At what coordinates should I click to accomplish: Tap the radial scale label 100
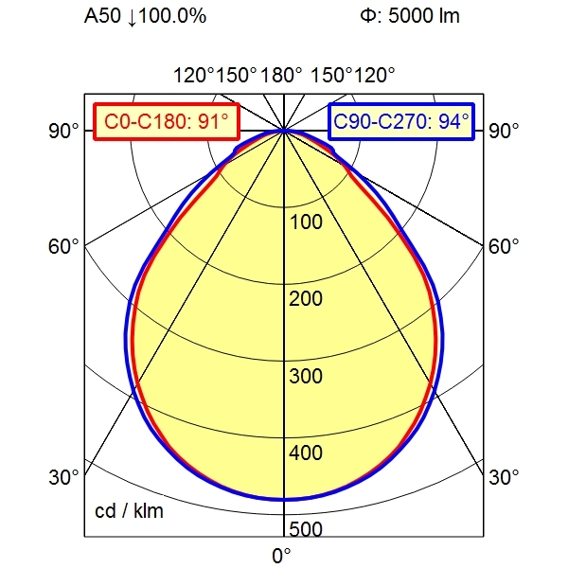pos(306,222)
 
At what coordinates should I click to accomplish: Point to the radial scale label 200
pos(306,299)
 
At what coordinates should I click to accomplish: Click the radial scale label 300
pos(306,377)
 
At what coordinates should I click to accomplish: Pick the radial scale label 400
pos(306,453)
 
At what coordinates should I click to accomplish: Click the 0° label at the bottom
pos(282,556)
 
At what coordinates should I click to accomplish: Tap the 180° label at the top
pos(282,75)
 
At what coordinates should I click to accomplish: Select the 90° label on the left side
pos(64,131)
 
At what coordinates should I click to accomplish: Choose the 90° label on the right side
pos(505,131)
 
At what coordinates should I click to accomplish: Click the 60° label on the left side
pos(64,246)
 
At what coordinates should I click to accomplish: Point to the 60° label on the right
pos(505,246)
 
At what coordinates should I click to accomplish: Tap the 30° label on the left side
pos(64,476)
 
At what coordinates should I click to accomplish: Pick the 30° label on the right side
pos(505,476)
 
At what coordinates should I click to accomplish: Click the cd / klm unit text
pos(130,512)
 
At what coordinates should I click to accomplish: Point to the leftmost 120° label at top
pos(192,75)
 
